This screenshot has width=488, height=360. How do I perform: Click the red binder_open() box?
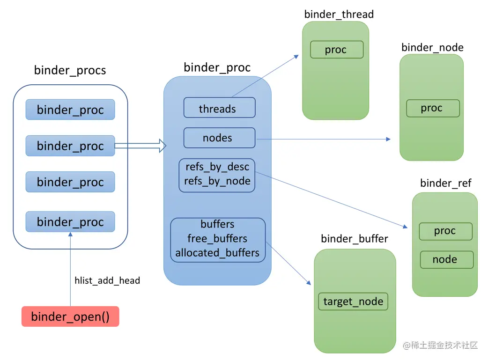(70, 316)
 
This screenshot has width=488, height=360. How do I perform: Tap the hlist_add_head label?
(107, 281)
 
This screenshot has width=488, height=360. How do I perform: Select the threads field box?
(220, 108)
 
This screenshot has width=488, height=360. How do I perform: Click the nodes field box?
(220, 138)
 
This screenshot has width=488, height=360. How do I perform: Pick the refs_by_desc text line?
(217, 167)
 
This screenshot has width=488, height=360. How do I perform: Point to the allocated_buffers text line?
(217, 253)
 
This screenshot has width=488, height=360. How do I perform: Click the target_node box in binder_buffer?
(353, 301)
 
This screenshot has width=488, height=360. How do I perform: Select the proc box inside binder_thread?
(337, 50)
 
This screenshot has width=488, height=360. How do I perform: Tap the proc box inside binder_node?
(433, 108)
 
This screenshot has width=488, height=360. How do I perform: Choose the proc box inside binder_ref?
(446, 231)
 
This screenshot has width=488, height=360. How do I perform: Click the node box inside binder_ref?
(447, 259)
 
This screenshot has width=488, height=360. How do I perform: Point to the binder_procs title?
(70, 70)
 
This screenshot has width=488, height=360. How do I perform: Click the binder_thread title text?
(339, 15)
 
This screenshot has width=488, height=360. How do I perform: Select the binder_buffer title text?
(355, 239)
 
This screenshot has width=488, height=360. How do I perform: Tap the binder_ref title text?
(446, 183)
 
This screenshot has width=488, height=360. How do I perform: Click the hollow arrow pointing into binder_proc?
(140, 146)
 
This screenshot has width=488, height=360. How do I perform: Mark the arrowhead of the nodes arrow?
(388, 139)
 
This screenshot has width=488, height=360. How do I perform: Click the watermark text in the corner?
(440, 345)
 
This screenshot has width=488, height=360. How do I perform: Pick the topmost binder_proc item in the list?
(70, 110)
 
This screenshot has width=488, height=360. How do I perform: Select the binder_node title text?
(432, 48)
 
